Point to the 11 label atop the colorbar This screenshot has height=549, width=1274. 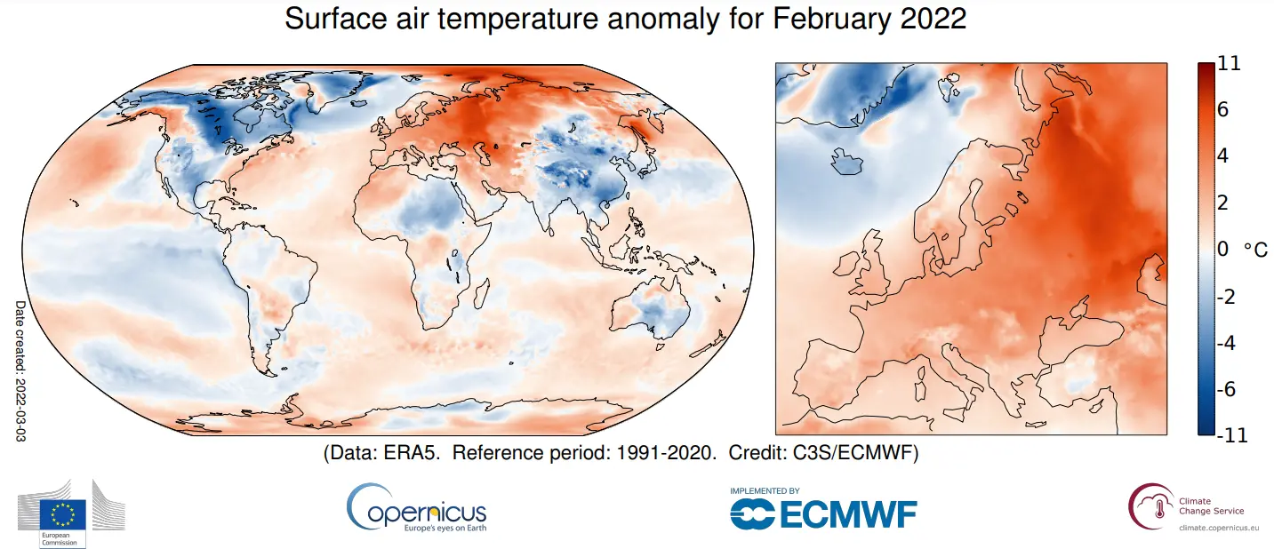1230,64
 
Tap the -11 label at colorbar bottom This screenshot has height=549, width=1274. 1230,435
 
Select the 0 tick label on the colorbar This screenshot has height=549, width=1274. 1223,250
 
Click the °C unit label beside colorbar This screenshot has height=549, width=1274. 1255,251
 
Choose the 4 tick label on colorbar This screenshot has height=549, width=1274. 1223,156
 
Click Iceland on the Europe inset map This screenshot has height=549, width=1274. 846,163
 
